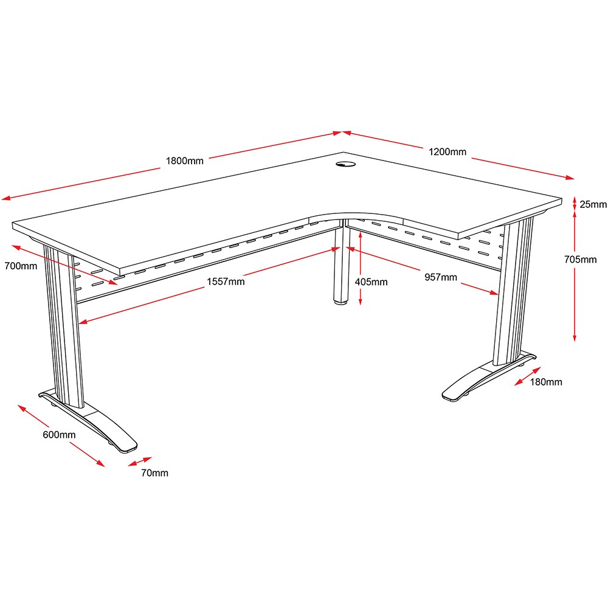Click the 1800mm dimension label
(x=185, y=161)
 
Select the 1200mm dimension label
(x=447, y=151)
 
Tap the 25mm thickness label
(x=593, y=204)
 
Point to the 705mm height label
(x=580, y=260)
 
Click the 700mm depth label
(x=21, y=266)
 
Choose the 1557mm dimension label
(x=226, y=282)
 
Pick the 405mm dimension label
(x=371, y=282)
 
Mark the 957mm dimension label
(x=440, y=277)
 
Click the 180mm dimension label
(x=546, y=382)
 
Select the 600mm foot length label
(x=59, y=435)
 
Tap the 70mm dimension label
(x=154, y=472)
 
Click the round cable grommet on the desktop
(x=345, y=165)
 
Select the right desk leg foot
(x=489, y=376)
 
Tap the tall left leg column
(x=64, y=326)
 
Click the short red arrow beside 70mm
(x=140, y=461)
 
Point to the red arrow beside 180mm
(x=527, y=376)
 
